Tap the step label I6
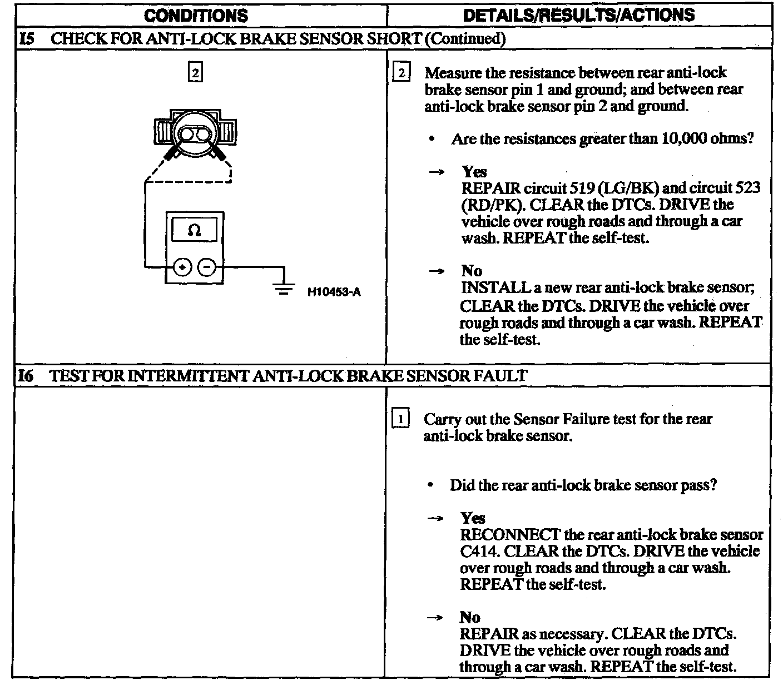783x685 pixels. [x=26, y=376]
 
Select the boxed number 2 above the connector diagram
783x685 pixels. [x=195, y=73]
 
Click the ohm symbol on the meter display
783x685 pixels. [x=195, y=230]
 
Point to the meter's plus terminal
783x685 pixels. [x=182, y=267]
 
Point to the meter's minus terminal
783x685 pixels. [x=207, y=267]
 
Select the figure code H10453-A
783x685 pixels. [x=334, y=291]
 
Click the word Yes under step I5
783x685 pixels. [x=474, y=172]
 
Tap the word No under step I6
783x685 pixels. [x=470, y=617]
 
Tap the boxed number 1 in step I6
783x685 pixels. [x=401, y=419]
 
